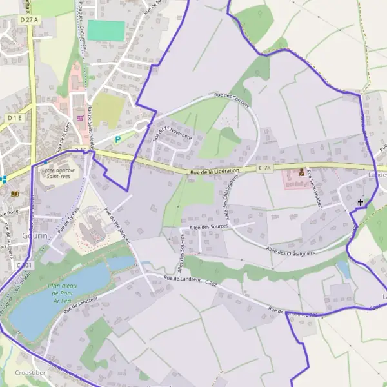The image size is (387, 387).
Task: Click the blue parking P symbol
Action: click(117, 139)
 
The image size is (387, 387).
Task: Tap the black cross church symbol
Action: click(360, 203)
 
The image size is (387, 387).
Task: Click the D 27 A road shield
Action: click(29, 20)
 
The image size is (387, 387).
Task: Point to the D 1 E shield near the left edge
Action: click(15, 118)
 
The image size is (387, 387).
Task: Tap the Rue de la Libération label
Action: click(215, 171)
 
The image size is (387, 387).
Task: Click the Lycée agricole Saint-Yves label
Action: click(58, 174)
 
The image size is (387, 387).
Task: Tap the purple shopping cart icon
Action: click(80, 117)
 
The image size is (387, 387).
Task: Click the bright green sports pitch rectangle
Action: click(106, 30)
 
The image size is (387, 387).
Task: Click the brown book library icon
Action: click(15, 193)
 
